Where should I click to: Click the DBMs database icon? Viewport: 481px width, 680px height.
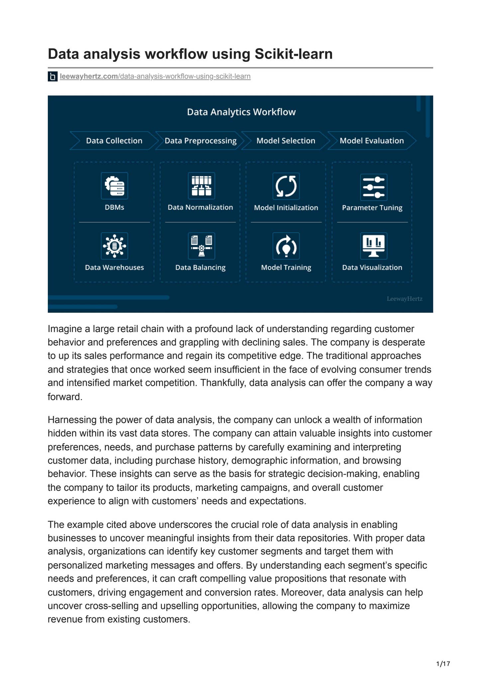[114, 186]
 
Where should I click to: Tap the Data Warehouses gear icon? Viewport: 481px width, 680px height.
[114, 246]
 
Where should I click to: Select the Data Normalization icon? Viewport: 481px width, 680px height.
[201, 186]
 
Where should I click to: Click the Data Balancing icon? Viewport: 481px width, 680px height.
[201, 246]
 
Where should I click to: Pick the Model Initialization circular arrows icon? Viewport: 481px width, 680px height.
[286, 186]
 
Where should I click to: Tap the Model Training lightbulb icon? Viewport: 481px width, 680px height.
[286, 246]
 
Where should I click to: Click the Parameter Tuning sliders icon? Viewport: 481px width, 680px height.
[374, 187]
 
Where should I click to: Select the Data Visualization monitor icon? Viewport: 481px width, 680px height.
[374, 246]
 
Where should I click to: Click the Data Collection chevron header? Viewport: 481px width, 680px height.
[114, 141]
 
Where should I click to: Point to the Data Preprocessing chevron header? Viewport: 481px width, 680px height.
[200, 141]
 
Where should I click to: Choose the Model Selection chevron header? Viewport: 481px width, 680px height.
[286, 141]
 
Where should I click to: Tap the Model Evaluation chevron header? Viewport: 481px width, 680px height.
[372, 141]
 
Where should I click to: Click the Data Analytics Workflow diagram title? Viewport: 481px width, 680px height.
[241, 112]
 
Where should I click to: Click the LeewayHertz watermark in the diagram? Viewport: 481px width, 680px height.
[405, 299]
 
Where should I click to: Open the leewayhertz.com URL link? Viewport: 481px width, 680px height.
[155, 76]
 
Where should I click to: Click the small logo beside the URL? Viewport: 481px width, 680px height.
[53, 77]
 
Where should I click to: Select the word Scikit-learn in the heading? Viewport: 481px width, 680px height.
[294, 54]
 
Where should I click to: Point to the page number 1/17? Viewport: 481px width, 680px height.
[443, 664]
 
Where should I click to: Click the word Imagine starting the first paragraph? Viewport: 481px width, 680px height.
[64, 329]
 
